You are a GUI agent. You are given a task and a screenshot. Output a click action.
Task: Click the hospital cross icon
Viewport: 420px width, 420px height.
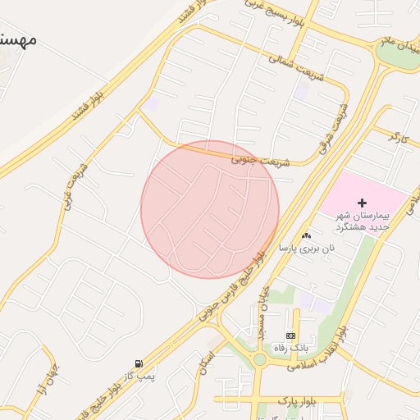(x=363, y=202)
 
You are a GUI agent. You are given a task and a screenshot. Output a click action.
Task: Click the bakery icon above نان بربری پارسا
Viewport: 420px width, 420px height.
(x=307, y=235)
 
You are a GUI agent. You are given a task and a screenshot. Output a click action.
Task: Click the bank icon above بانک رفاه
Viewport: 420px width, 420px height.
(x=290, y=336)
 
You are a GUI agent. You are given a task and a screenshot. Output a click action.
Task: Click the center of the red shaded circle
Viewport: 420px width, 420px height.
(x=210, y=209)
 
